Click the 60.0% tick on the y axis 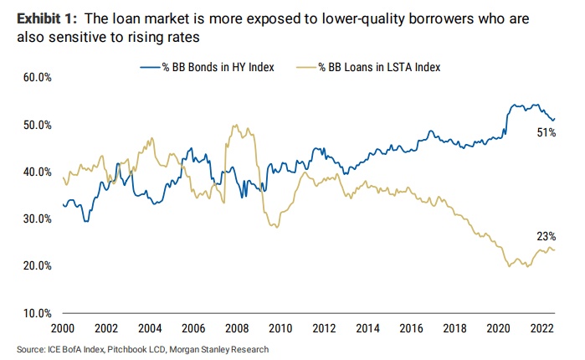[38, 77]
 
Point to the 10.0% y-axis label [38, 313]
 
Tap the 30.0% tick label [38, 219]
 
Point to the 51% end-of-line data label [547, 133]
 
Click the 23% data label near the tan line [547, 237]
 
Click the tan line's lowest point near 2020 [510, 267]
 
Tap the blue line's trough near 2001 [85, 220]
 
